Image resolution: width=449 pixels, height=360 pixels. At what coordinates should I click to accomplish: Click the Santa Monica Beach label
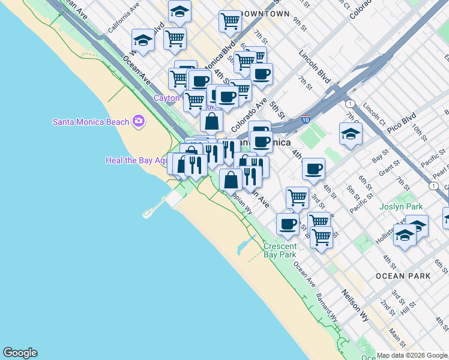(x=91, y=122)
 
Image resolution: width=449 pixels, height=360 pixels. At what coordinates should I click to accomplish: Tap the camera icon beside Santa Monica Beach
(x=139, y=122)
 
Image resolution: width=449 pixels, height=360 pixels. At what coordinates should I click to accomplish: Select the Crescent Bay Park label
(x=280, y=250)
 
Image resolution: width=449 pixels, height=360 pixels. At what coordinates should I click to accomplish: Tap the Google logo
(x=20, y=353)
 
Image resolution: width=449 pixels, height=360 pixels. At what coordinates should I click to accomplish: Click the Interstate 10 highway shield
(x=306, y=120)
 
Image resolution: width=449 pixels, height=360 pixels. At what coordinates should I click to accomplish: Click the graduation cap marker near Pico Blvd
(x=351, y=134)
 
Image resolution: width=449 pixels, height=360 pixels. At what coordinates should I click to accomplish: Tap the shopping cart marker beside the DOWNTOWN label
(x=230, y=21)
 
